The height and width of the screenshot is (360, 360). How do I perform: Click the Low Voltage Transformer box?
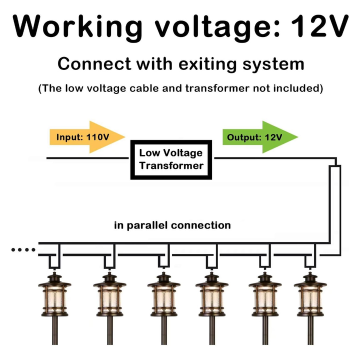[171, 159]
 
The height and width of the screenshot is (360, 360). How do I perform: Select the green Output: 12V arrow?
[259, 136]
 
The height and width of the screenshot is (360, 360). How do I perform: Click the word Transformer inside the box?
[171, 165]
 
